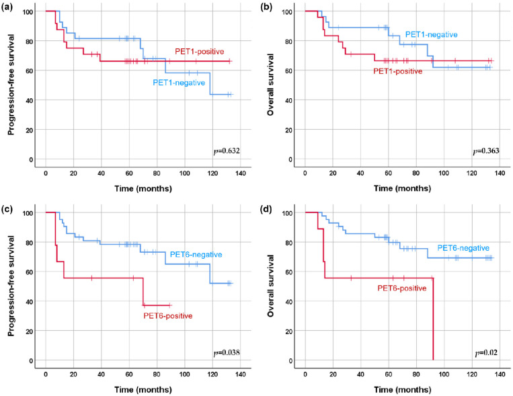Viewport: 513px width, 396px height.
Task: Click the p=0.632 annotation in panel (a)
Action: (227, 151)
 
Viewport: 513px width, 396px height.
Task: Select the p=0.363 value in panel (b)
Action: (486, 151)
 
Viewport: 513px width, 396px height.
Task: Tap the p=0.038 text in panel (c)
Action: (227, 353)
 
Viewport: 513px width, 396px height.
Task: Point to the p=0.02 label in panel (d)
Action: (486, 353)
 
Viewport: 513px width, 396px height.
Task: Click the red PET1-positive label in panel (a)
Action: (200, 52)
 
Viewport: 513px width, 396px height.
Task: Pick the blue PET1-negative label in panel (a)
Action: (179, 83)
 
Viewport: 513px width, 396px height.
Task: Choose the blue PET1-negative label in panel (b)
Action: (432, 35)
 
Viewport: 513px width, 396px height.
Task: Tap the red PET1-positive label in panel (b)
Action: (398, 71)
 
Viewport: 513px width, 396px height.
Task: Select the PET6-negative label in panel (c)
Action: (196, 255)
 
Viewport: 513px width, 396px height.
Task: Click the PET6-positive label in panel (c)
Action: (168, 316)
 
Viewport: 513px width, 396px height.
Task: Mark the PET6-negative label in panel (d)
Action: (463, 248)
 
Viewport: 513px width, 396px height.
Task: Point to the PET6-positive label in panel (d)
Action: (402, 288)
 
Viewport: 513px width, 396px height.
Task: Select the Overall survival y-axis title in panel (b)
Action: (270, 85)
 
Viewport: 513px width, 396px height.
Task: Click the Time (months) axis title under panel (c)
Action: (143, 390)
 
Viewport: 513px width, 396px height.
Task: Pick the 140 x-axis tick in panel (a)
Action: (241, 173)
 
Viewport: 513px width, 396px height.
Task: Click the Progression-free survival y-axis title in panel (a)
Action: (11, 85)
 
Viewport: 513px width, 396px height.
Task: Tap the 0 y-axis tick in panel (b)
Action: (290, 159)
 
